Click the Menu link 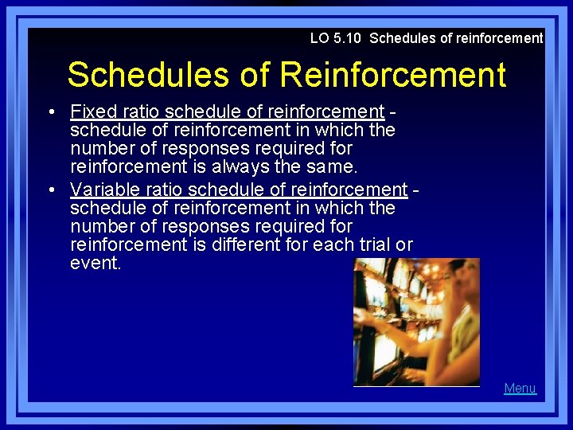coord(520,389)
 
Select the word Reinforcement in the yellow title coord(392,75)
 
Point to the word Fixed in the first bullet coord(90,111)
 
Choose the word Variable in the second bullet coord(102,189)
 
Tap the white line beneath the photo coord(416,386)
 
